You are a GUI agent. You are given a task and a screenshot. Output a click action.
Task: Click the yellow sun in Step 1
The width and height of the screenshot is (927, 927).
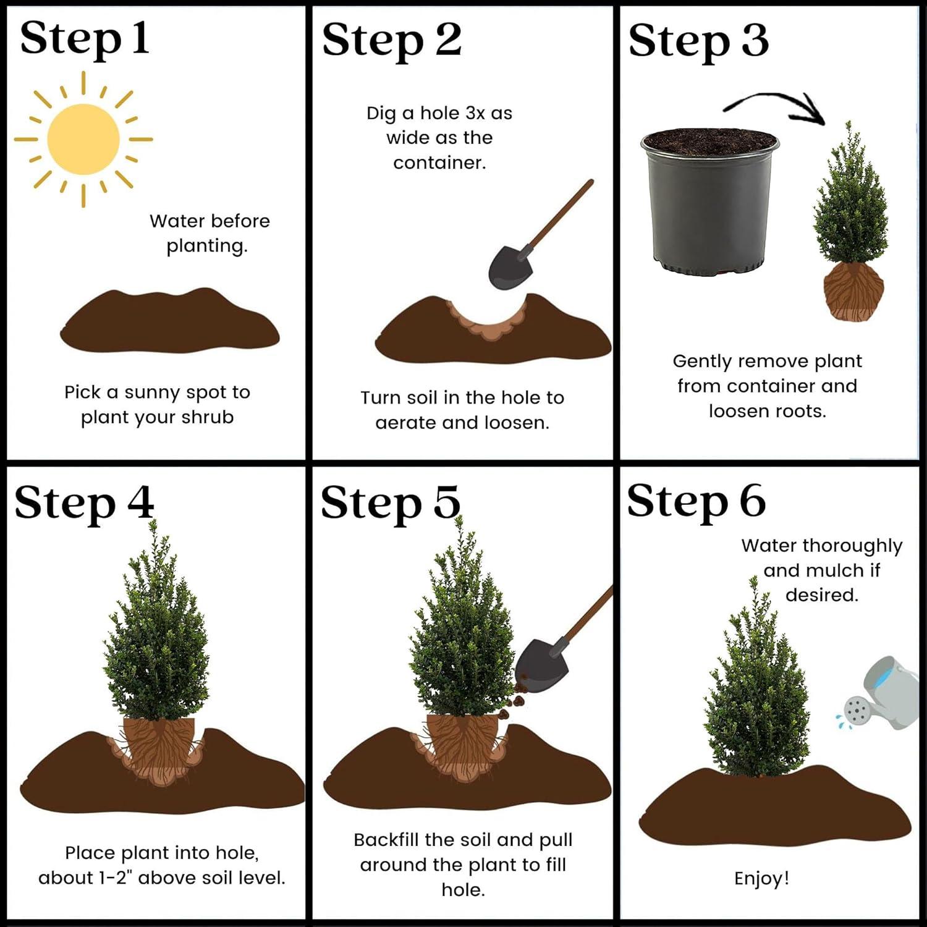(83, 139)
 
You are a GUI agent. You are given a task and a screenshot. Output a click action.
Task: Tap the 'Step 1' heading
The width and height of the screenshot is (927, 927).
(85, 39)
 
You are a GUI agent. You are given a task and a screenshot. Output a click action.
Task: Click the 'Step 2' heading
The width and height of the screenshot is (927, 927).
(391, 41)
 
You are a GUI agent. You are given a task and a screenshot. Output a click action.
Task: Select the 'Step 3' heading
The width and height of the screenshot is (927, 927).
(698, 41)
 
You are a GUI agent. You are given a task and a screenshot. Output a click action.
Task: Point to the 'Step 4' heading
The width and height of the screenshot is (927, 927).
(84, 503)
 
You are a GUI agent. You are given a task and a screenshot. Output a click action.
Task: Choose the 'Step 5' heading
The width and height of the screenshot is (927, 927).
(391, 503)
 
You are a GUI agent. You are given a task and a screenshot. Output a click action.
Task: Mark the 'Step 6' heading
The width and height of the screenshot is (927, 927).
(696, 501)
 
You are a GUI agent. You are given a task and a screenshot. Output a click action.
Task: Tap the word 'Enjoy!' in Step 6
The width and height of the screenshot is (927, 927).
(761, 878)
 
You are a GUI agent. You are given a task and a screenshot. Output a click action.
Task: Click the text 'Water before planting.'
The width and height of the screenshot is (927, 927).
(209, 233)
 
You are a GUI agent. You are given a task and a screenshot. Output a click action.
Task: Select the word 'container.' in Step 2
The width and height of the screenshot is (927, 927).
(439, 163)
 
